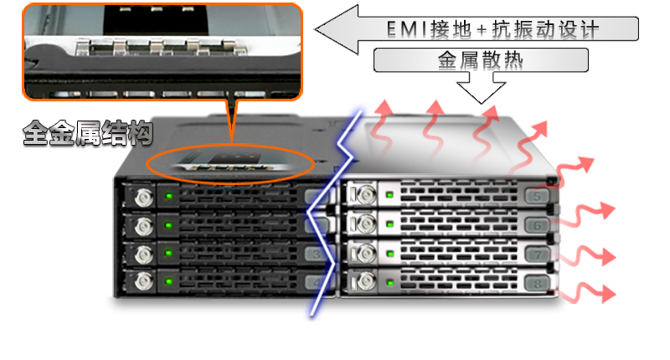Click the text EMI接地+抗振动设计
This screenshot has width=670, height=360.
[x=492, y=29]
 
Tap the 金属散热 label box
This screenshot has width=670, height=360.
[x=481, y=60]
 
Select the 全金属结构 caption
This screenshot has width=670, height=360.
[x=88, y=133]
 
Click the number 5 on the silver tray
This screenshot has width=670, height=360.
[x=537, y=197]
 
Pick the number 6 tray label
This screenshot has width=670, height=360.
[x=537, y=225]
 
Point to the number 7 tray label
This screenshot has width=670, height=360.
[x=537, y=255]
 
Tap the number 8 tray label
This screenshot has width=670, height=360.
[x=537, y=283]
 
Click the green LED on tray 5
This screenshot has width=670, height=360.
[x=389, y=195]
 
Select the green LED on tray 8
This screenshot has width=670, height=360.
[x=389, y=282]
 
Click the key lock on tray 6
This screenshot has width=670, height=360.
[x=366, y=224]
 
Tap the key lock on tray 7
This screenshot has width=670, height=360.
[x=366, y=254]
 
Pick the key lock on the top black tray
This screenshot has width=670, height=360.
[x=144, y=198]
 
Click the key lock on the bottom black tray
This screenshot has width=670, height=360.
[x=144, y=281]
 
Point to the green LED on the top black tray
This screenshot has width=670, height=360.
[x=169, y=196]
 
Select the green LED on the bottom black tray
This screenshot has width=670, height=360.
[x=169, y=281]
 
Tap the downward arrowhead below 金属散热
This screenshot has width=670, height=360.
[x=481, y=93]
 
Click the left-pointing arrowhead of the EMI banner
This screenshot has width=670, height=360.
[x=337, y=29]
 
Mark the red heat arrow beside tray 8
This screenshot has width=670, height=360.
[x=587, y=293]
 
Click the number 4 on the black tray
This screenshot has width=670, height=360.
[x=317, y=282]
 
